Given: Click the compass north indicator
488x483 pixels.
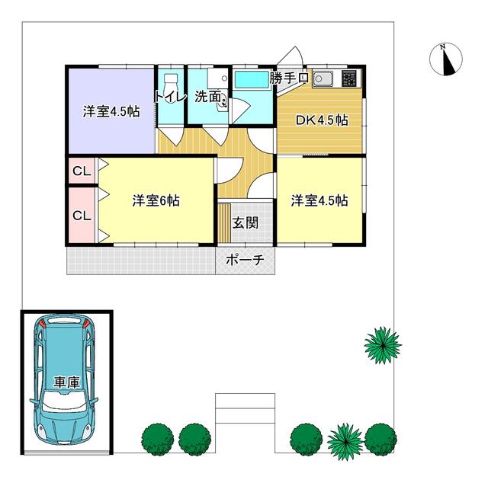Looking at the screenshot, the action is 445,59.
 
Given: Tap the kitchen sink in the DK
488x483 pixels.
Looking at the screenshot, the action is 323,79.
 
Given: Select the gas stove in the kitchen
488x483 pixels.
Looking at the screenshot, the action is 349,78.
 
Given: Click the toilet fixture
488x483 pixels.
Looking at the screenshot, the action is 170,83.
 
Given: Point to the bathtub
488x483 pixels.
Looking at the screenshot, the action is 252,80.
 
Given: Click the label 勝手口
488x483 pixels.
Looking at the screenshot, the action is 289,78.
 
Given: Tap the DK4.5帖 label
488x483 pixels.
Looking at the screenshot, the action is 322,120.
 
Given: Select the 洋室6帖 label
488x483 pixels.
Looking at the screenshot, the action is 156,200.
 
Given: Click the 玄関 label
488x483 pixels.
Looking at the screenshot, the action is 246,222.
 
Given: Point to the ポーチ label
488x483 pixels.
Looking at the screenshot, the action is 246,259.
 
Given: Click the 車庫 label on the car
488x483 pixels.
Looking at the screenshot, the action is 66,382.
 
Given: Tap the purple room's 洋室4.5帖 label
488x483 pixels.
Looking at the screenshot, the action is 111,111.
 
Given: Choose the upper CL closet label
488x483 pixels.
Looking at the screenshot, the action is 82,171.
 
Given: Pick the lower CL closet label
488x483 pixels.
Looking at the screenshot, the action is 82,216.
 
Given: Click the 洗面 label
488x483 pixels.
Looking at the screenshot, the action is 208,97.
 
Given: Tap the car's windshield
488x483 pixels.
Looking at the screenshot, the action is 64,401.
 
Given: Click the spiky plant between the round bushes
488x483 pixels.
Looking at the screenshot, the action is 345,438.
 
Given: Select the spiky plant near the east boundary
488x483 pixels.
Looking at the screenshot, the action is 383,345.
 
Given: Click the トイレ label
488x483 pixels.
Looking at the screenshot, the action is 170,97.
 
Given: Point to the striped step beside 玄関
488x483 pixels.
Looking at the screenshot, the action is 223,222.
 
